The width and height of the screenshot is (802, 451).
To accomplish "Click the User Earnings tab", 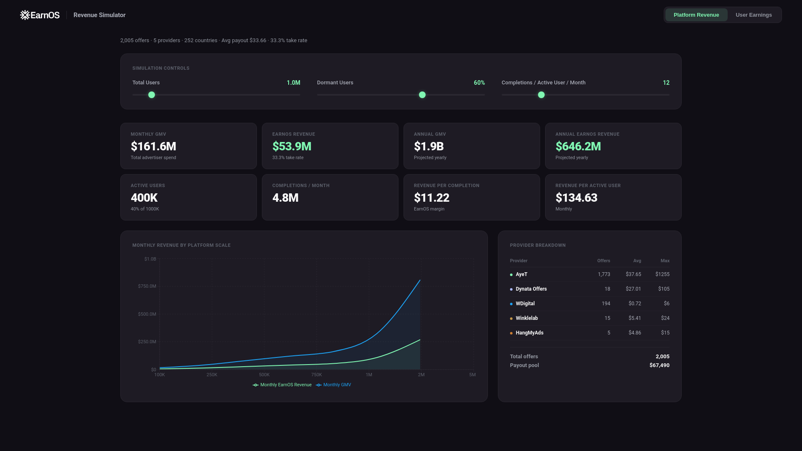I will pyautogui.click(x=754, y=15).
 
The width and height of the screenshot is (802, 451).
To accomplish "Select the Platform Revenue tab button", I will pyautogui.click(x=696, y=15).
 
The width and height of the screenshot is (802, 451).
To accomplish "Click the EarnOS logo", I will pyautogui.click(x=40, y=15).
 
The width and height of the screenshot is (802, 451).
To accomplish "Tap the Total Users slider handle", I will pyautogui.click(x=152, y=95).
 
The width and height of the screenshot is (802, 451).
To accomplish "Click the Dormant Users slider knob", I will pyautogui.click(x=422, y=95).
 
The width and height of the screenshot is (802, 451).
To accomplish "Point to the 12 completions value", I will pyautogui.click(x=666, y=83).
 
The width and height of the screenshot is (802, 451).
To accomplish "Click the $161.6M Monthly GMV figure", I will pyautogui.click(x=153, y=147).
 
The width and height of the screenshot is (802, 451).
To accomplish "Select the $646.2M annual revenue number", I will pyautogui.click(x=578, y=147).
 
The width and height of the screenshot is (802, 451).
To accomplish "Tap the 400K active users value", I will pyautogui.click(x=144, y=198).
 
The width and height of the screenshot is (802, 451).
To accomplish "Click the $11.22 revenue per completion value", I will pyautogui.click(x=431, y=198).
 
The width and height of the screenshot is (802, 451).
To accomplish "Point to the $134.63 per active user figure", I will pyautogui.click(x=576, y=198).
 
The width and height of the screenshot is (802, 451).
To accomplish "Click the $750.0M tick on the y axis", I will pyautogui.click(x=147, y=286).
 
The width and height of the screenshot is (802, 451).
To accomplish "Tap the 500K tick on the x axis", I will pyautogui.click(x=264, y=375).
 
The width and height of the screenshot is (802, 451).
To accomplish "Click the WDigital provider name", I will pyautogui.click(x=525, y=304).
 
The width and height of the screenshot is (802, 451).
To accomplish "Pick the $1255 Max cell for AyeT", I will pyautogui.click(x=662, y=274).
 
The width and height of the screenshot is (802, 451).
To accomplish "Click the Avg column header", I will pyautogui.click(x=637, y=261).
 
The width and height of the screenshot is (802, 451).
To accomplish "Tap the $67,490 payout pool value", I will pyautogui.click(x=659, y=365).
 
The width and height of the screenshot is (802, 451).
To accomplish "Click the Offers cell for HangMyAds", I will pyautogui.click(x=609, y=333).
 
